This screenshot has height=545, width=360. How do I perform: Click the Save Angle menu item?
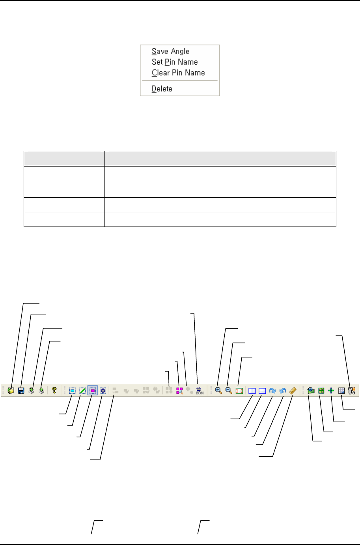click(170, 51)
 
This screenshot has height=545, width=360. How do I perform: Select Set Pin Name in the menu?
click(175, 62)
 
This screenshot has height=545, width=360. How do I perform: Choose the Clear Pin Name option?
click(178, 73)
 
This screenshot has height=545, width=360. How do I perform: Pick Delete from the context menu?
click(162, 88)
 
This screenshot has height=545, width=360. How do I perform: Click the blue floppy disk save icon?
click(21, 391)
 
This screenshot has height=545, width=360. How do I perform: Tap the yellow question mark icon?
click(54, 390)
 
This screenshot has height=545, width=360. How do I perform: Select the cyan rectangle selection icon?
click(72, 391)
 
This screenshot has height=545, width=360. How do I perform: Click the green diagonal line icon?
click(82, 391)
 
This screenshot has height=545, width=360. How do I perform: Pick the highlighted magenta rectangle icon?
click(93, 391)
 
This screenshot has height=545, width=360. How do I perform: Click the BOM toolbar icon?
click(200, 391)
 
